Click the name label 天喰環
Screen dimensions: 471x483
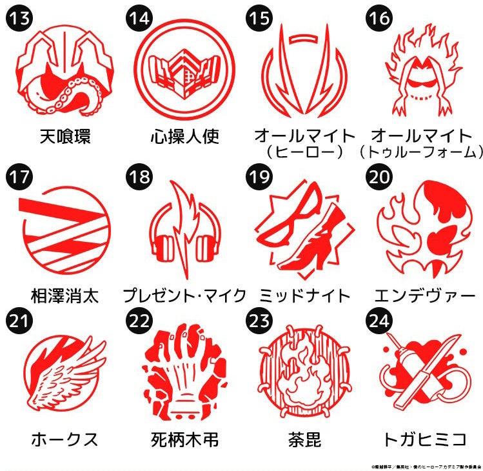(x=65, y=137)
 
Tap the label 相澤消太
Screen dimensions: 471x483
(x=65, y=296)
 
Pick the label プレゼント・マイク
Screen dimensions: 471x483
(x=185, y=296)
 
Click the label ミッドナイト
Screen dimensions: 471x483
(x=304, y=296)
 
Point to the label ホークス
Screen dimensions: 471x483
(x=65, y=440)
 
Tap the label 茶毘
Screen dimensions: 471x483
(x=304, y=440)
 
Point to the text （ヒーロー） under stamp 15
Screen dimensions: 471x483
(x=304, y=152)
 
